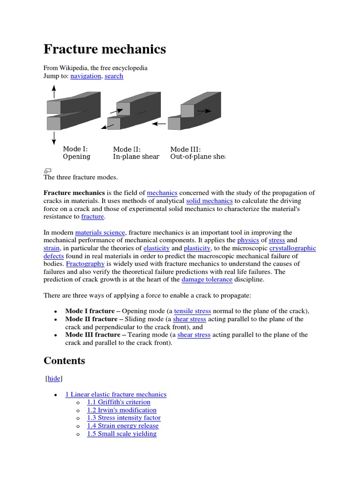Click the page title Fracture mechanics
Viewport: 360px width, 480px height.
[x=105, y=49]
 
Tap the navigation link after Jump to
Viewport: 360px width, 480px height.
[x=85, y=76]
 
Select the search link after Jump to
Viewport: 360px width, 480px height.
[x=114, y=76]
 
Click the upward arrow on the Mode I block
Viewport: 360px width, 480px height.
[x=54, y=91]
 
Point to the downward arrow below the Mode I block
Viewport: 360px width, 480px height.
[x=54, y=138]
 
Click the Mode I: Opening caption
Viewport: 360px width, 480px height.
[x=76, y=153]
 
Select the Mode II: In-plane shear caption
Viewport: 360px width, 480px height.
[x=136, y=153]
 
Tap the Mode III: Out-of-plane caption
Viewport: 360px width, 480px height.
[x=197, y=153]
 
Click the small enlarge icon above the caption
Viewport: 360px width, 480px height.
[x=47, y=171]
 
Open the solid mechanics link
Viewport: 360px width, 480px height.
[x=209, y=201]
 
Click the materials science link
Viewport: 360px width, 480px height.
[x=100, y=232]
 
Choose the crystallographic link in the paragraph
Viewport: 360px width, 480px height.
[x=292, y=248]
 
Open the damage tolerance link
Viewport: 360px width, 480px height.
[x=207, y=279]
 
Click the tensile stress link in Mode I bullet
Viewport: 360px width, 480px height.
[x=192, y=311]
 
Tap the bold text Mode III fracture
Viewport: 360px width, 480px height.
[x=93, y=335]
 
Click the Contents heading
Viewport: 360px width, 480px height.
[x=64, y=360]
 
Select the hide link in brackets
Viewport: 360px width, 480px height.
[x=53, y=378]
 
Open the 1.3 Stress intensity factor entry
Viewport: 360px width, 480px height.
[x=124, y=418]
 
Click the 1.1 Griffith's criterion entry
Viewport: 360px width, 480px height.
[x=119, y=402]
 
